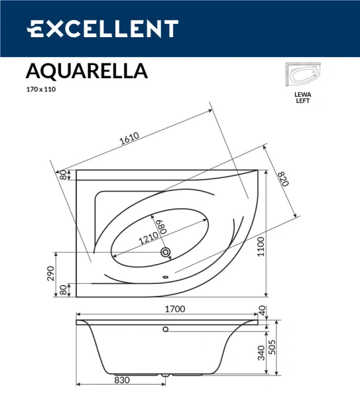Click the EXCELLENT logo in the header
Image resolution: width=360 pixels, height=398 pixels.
coord(102,29)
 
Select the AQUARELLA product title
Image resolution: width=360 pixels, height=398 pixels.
coord(86,70)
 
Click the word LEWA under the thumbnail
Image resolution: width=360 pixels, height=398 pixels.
coord(302,94)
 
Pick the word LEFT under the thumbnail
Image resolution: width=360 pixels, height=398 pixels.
coord(302,101)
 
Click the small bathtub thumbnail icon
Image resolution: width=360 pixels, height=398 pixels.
coord(303,76)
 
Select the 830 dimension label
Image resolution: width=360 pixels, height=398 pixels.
coord(122,381)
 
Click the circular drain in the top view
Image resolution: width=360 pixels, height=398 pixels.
coord(166,253)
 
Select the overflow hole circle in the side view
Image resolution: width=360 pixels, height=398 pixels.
coord(166,329)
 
